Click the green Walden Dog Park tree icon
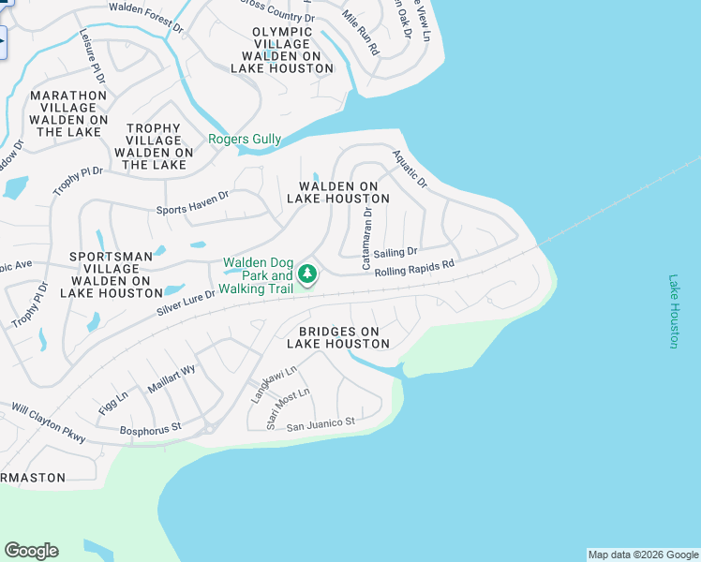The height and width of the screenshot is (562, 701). tap(306, 274)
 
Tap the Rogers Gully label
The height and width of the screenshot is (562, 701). tap(245, 140)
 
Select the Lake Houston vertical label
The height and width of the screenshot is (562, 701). tap(673, 311)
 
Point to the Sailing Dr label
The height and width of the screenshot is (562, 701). tap(395, 253)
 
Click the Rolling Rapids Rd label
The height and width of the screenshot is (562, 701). tap(414, 268)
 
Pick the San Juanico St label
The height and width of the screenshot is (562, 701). tap(321, 423)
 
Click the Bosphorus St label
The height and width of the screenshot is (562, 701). tap(150, 429)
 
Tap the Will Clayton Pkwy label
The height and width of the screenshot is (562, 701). tap(48, 423)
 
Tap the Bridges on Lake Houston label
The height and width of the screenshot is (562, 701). tap(337, 338)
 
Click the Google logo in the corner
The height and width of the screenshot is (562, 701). tap(31, 551)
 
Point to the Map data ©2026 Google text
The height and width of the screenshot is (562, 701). tap(643, 555)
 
